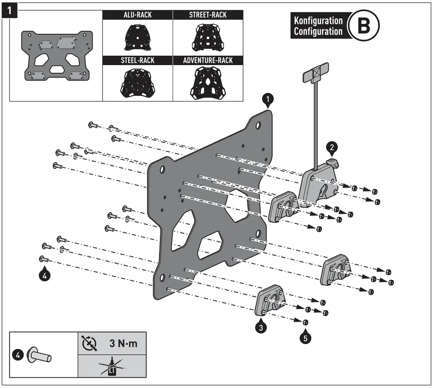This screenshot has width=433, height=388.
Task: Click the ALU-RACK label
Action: (x=138, y=15)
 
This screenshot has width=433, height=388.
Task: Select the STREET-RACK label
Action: (x=208, y=15)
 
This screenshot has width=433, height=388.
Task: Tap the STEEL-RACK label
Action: (x=138, y=60)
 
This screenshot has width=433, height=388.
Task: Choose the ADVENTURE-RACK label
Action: (x=208, y=60)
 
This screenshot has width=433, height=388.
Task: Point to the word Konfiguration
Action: (x=318, y=21)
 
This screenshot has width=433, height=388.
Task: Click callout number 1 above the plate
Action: (x=268, y=100)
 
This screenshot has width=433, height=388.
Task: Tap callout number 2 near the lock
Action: (x=331, y=148)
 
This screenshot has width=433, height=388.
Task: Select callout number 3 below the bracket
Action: (x=261, y=328)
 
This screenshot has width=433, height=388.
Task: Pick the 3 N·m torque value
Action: (x=121, y=344)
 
